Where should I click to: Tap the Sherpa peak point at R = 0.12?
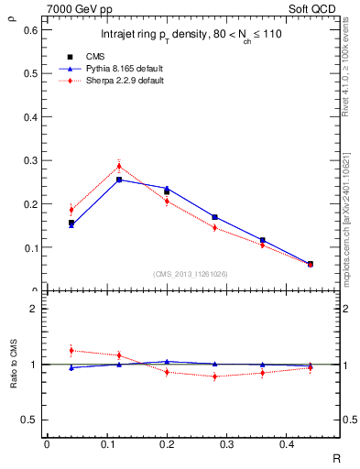pos(119,166)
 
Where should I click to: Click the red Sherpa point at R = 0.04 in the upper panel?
pos(71,210)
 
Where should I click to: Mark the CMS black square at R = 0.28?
pos(214,217)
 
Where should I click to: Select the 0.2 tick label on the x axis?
pos(166,445)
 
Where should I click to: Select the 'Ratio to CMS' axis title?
pos(12,364)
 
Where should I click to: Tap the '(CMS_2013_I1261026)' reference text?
pos(191,274)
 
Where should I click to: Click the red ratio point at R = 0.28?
pos(214,376)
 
